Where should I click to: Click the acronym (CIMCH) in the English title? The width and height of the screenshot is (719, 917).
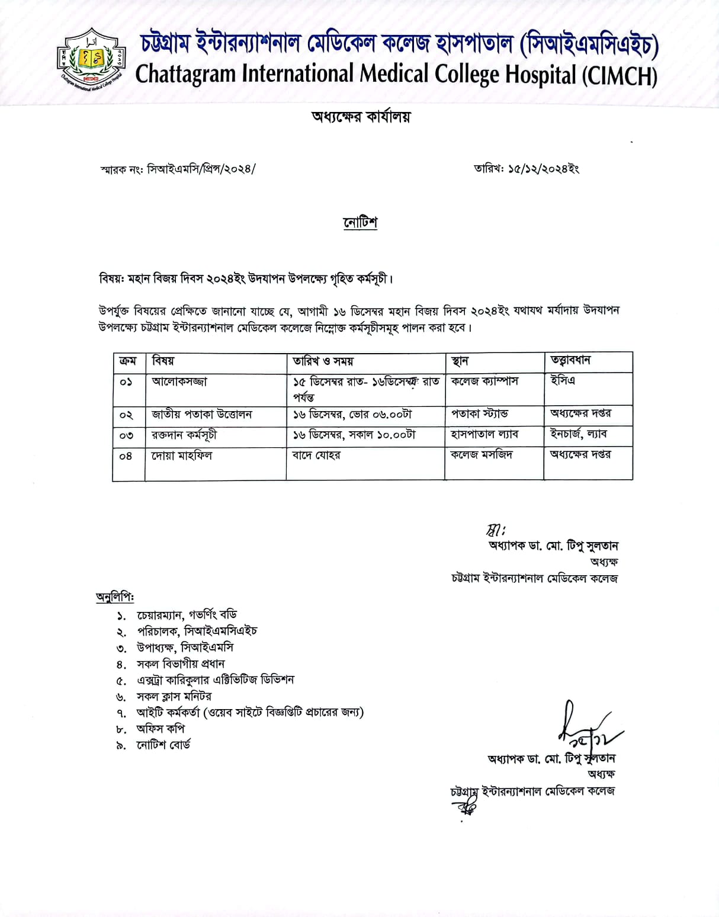coord(620,76)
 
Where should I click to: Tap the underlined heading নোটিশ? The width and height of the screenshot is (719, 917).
coord(360,223)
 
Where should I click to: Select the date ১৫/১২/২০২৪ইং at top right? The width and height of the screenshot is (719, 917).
coord(543,169)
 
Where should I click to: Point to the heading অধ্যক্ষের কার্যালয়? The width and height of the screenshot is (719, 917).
coord(361,117)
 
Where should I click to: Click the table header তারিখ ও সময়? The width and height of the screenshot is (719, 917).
coord(323,361)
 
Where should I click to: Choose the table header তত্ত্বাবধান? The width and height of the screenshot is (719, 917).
coord(570,360)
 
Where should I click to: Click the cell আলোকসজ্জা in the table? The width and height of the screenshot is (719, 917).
coord(179,381)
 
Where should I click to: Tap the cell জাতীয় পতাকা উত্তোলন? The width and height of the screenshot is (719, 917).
coord(201,414)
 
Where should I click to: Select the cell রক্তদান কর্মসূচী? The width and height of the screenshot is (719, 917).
coord(184,435)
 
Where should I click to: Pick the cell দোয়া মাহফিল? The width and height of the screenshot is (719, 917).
coord(182,456)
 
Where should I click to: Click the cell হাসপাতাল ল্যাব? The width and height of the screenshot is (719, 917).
coord(484,434)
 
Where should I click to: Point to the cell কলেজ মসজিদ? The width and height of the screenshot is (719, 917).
coord(482,455)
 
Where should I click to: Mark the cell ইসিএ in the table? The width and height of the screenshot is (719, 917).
coord(563,380)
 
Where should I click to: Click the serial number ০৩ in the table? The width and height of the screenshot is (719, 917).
coord(126,436)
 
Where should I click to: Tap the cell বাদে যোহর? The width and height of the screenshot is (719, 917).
coord(316,456)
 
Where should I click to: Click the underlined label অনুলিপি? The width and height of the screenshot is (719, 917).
coord(115,597)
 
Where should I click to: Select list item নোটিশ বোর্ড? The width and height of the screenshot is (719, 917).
coord(163,745)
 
